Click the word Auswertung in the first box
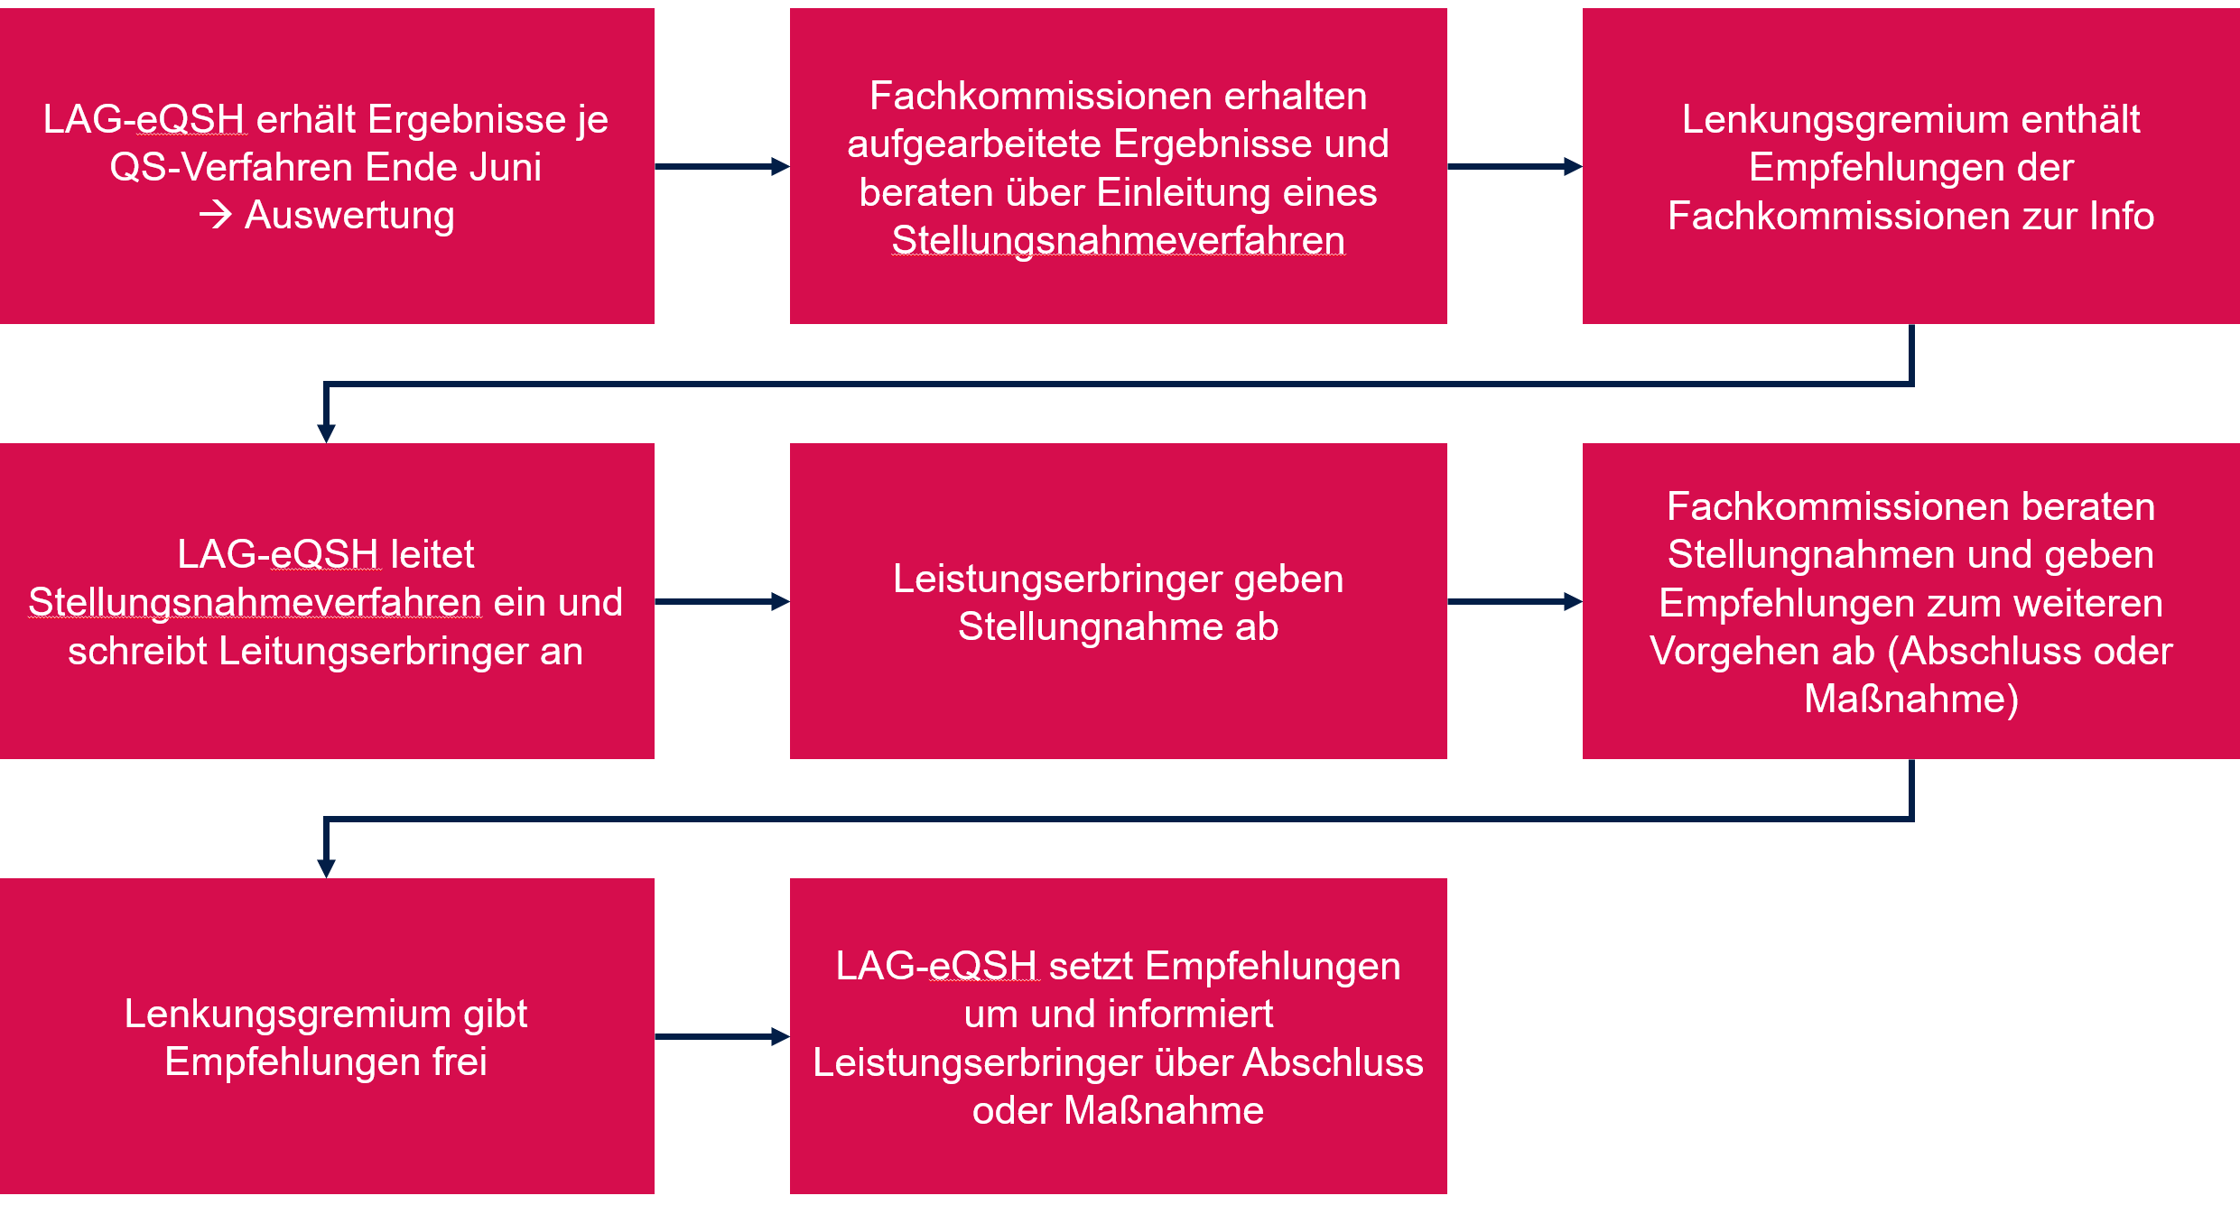(x=349, y=216)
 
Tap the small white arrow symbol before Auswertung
(x=216, y=216)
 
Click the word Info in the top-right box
(x=2122, y=216)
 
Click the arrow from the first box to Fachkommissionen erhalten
(x=722, y=166)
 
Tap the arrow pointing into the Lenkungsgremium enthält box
(x=1515, y=166)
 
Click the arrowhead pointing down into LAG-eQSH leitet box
(x=327, y=432)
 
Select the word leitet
(x=432, y=554)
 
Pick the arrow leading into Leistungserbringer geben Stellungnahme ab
(x=722, y=601)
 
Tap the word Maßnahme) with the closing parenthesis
(x=1911, y=700)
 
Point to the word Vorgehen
(x=1762, y=652)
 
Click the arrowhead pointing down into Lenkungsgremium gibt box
(x=327, y=867)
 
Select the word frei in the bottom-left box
(x=460, y=1061)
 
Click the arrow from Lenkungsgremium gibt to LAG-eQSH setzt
(x=722, y=1036)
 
